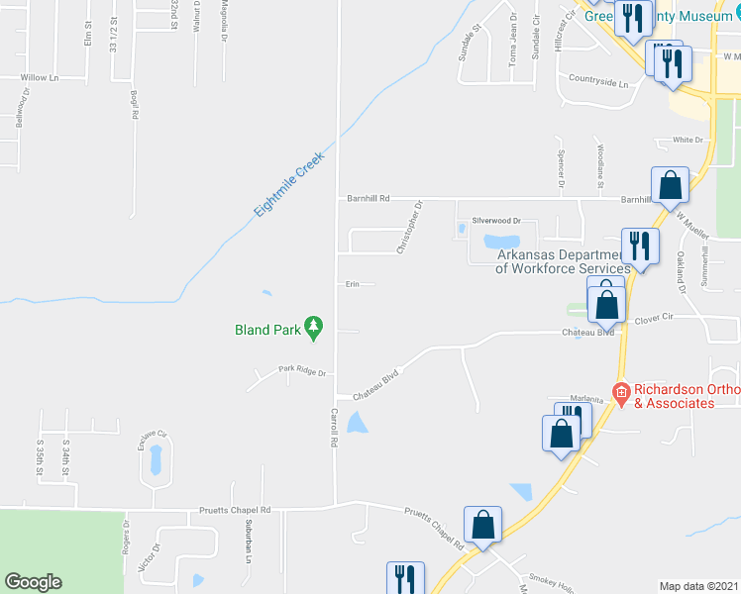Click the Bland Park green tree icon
coord(314,326)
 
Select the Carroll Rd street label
coord(334,427)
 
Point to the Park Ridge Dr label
coord(301,370)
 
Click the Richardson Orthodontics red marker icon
coord(621,393)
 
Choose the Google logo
coord(33,582)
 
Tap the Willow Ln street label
coord(40,77)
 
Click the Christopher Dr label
coord(409,228)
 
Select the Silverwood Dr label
coord(495,221)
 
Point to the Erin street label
coord(351,284)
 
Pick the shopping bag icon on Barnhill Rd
coord(670,185)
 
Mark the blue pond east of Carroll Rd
coord(358,424)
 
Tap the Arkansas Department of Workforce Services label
coord(563,261)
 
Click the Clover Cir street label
coord(654,319)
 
